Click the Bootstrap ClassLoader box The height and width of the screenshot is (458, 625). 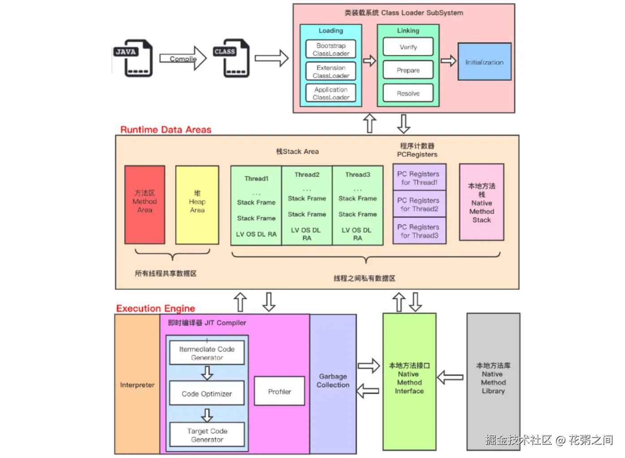point(331,49)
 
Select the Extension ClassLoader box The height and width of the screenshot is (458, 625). point(331,71)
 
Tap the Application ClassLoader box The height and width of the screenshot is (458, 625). point(331,93)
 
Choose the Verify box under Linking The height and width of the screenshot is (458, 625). point(408,47)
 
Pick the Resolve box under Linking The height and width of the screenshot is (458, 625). point(408,93)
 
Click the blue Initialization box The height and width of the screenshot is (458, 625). point(485,62)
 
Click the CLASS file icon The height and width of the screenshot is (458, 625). point(232,58)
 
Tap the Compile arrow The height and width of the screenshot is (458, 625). point(183,58)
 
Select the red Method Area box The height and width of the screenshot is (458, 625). point(145,205)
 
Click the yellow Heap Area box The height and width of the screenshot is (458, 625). point(197,205)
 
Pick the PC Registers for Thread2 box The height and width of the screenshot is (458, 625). point(419,204)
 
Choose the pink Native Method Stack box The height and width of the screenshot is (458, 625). point(482,203)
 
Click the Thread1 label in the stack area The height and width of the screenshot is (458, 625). point(256,179)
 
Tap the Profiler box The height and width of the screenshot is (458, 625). point(280,392)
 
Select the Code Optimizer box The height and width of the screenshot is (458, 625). point(207,393)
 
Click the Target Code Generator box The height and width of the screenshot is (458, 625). point(207,435)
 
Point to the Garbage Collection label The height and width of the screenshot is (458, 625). point(333,380)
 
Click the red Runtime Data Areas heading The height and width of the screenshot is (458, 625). point(166,130)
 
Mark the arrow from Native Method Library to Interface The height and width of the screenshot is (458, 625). point(450,378)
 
